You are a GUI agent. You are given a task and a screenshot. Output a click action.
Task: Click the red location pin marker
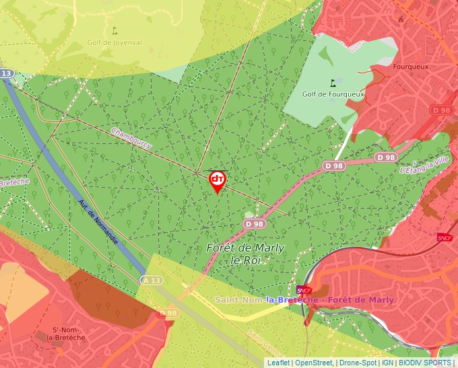point(218,181)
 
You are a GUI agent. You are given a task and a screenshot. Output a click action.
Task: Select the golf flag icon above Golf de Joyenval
point(114,30)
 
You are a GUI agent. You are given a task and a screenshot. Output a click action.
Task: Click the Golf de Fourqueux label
point(333,94)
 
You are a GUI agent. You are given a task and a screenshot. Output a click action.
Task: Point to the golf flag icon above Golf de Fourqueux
point(332,83)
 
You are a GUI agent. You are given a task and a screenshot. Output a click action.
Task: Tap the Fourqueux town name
point(412,68)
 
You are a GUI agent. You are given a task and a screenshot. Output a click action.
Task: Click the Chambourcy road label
point(131,138)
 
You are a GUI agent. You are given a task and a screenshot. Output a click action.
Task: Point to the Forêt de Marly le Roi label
point(245,254)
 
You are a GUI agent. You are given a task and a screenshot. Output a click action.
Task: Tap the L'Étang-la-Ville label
point(424,165)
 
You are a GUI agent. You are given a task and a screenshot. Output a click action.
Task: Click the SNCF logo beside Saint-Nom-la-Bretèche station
point(301,290)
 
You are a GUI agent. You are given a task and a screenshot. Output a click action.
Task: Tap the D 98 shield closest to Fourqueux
point(441,110)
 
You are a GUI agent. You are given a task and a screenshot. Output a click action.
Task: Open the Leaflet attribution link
point(278,363)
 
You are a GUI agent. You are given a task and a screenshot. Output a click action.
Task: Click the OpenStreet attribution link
point(313,363)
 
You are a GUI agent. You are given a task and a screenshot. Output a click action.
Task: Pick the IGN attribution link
point(387,363)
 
